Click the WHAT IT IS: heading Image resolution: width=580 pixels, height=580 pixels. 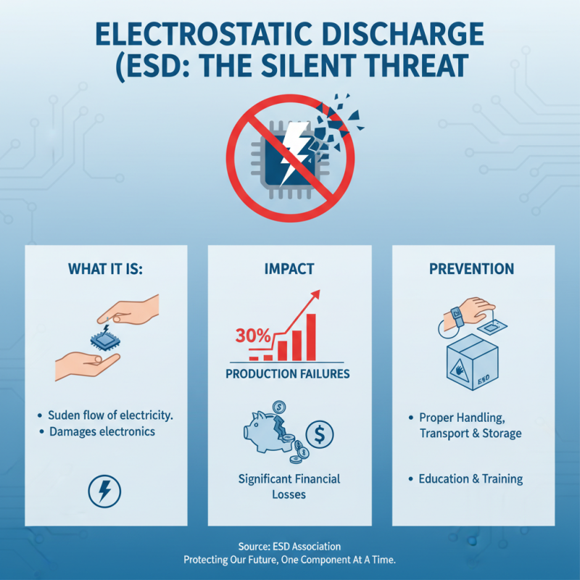(x=107, y=269)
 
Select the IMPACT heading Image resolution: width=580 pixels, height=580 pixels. (x=289, y=269)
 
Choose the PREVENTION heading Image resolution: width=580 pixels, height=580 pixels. (x=471, y=269)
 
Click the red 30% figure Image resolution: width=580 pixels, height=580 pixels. (x=252, y=336)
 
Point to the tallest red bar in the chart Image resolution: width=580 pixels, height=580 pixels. (x=311, y=337)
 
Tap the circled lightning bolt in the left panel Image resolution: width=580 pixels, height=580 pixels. (x=104, y=491)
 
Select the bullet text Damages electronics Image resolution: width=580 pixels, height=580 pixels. (x=101, y=432)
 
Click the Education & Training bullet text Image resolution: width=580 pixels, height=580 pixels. (x=471, y=479)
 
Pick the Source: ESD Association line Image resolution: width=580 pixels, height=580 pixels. (x=289, y=546)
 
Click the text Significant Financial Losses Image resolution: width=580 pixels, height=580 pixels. (x=289, y=486)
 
